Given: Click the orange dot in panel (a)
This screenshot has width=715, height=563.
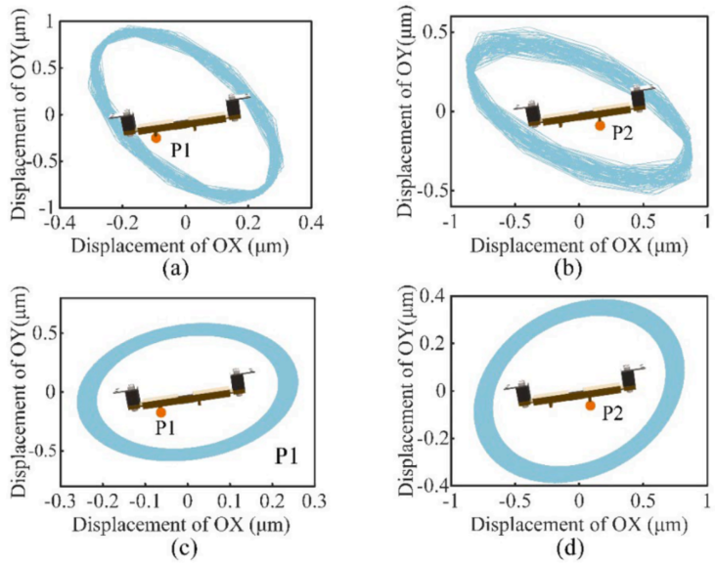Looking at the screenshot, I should [156, 138].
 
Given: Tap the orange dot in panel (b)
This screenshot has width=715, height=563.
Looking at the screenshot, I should [600, 125].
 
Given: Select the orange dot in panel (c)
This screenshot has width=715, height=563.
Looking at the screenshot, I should [161, 412].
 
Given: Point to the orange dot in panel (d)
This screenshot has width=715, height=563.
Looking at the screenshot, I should [590, 405].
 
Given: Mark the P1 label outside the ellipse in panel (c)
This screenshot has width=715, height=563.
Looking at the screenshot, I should [286, 456].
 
